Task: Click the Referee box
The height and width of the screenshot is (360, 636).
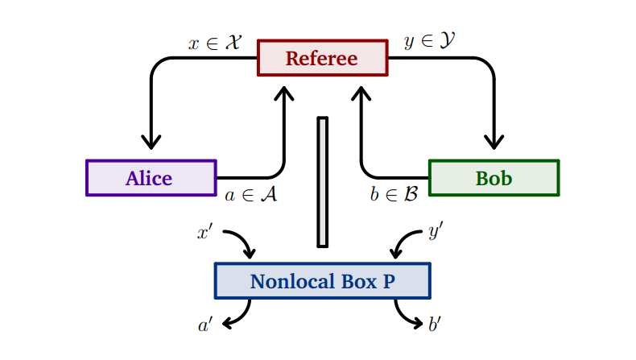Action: point(322,58)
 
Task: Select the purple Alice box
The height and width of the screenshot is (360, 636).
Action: point(151,178)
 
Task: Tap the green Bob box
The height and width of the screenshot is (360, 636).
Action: point(494,178)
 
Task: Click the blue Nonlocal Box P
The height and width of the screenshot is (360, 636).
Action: point(322,281)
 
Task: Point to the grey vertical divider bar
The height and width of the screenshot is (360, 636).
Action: point(323,181)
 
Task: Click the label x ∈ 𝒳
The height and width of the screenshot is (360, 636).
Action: point(215,43)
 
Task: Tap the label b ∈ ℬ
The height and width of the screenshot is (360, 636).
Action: point(394,196)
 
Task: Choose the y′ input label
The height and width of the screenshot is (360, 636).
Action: point(436,234)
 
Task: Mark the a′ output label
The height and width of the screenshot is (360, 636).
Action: point(205,325)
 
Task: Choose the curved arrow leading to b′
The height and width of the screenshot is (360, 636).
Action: point(406,315)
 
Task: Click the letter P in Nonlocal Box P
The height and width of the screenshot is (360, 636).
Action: point(388,282)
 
